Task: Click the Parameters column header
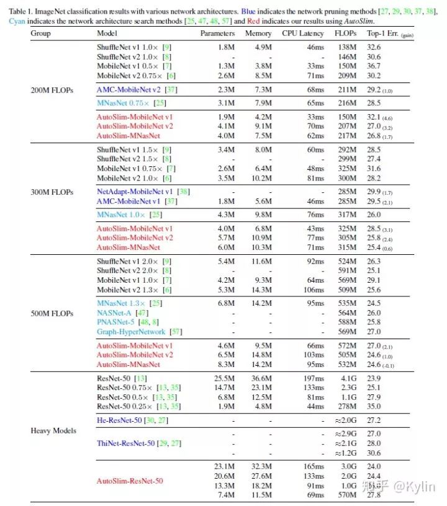click(217, 33)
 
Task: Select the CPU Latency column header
click(302, 33)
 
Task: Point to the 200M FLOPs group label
click(52, 90)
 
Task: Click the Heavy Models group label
click(53, 430)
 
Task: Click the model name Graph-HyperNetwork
click(132, 331)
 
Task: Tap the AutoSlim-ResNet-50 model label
click(130, 480)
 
